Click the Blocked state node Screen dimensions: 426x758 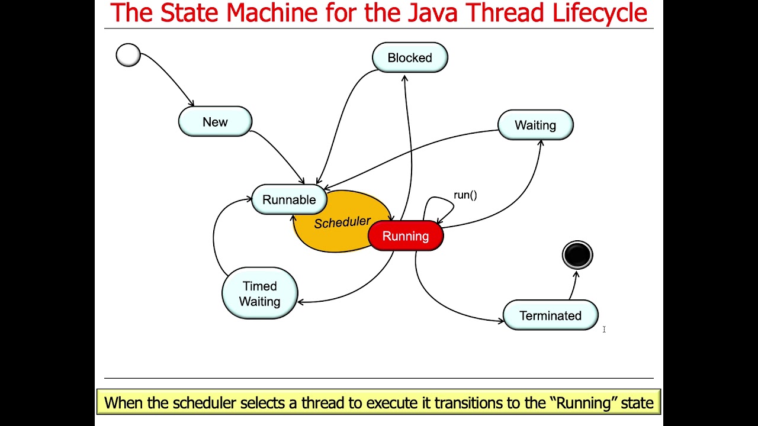(x=410, y=58)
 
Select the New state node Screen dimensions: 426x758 (x=215, y=122)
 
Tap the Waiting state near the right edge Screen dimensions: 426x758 (x=535, y=125)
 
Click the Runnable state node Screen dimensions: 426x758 (x=289, y=200)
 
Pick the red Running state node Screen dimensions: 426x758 (x=406, y=236)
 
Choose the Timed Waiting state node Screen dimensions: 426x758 (x=259, y=293)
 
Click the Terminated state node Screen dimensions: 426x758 (x=550, y=316)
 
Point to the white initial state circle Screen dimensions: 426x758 (x=128, y=55)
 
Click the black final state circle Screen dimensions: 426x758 (x=577, y=255)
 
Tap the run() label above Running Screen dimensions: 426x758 (x=465, y=195)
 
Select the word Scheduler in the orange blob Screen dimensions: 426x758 (x=342, y=222)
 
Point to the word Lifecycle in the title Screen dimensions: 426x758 (x=599, y=13)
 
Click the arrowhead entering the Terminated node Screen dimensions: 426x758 (x=501, y=321)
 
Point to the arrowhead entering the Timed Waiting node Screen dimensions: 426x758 (x=300, y=302)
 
